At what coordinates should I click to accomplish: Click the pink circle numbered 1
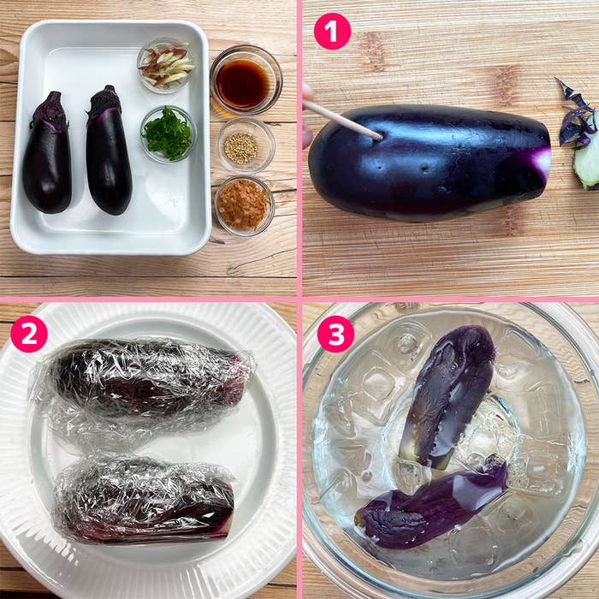click(332, 31)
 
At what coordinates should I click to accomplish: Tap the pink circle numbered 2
click(29, 334)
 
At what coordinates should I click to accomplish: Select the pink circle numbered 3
click(335, 334)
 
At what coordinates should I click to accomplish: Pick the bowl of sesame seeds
click(246, 145)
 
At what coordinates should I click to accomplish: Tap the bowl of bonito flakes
click(245, 205)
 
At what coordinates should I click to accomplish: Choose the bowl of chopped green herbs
click(168, 133)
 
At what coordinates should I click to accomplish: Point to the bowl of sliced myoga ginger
click(166, 66)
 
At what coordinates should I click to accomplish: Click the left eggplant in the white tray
click(47, 153)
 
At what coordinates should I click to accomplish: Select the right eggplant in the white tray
click(109, 151)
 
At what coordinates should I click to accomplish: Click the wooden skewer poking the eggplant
click(342, 119)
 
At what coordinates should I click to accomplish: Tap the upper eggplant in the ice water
click(448, 395)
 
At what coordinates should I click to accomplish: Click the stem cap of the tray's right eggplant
click(104, 100)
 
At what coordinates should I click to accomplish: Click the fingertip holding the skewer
click(308, 115)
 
